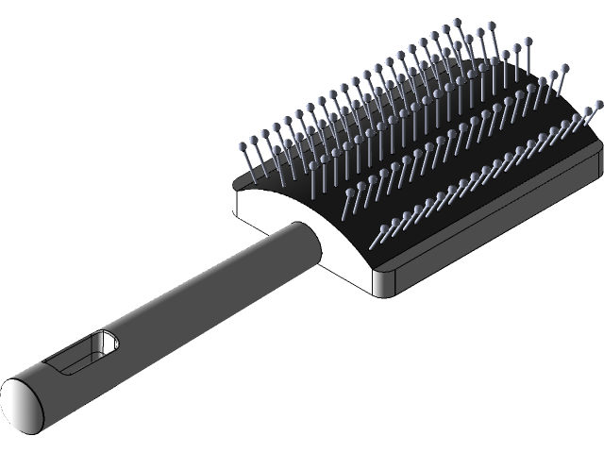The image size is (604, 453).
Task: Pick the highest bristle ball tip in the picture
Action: click(x=457, y=21)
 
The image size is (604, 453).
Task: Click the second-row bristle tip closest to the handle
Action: click(x=350, y=193)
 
